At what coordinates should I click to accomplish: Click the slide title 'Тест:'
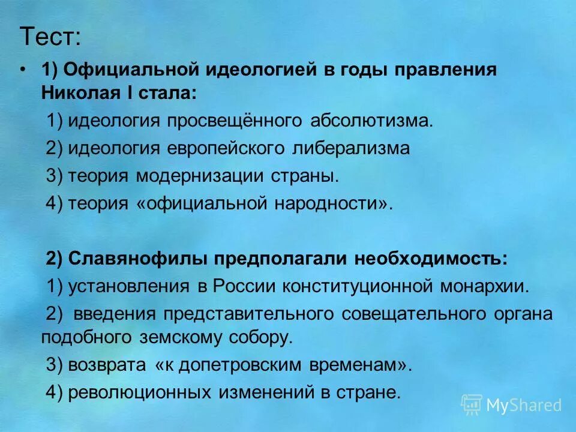(50, 37)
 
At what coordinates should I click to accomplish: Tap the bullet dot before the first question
(22, 70)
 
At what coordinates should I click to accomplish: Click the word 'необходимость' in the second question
(430, 258)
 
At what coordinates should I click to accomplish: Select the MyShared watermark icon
(471, 404)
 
